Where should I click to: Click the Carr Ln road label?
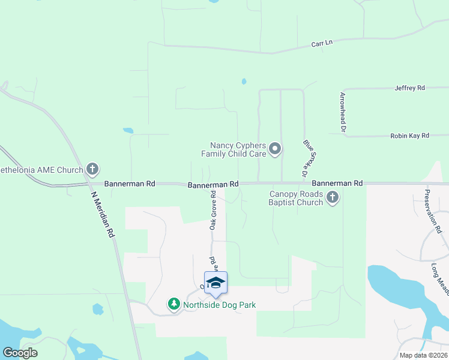tap(322, 44)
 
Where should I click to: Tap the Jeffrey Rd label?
tap(409, 88)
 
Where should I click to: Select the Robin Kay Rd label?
tap(409, 136)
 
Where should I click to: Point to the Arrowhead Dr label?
tap(343, 112)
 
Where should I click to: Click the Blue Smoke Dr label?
tap(309, 158)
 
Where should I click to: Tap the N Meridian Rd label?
tap(102, 214)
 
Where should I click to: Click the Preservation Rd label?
tap(433, 211)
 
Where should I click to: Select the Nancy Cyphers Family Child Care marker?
tap(275, 148)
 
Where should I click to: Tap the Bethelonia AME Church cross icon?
tap(92, 169)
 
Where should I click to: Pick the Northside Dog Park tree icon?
tap(174, 305)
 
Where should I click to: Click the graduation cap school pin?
tap(215, 283)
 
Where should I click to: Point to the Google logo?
tap(20, 353)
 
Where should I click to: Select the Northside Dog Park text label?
tap(220, 305)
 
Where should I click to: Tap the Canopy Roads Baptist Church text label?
tap(296, 198)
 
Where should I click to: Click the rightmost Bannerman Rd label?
tap(337, 182)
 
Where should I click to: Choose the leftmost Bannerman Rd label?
tap(130, 183)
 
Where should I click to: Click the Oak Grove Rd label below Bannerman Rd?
tap(213, 210)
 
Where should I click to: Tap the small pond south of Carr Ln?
tap(244, 81)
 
